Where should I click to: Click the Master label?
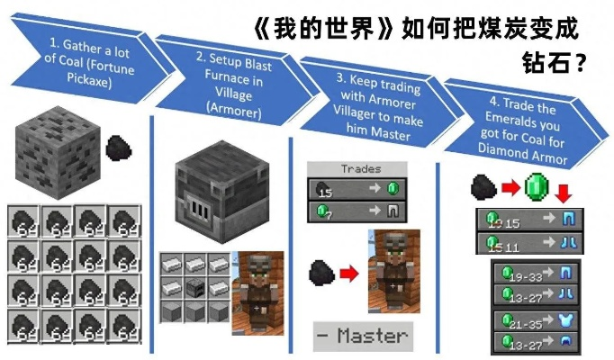(x=360, y=336)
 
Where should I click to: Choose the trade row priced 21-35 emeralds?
(x=537, y=321)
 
